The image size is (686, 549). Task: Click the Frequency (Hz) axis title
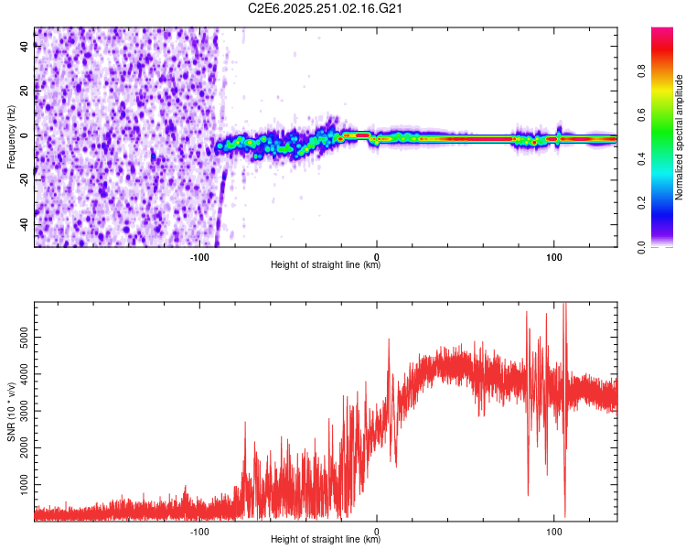[x=11, y=137]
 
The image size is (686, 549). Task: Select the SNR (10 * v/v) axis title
[x=11, y=411]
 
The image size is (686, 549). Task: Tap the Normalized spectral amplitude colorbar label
[x=680, y=137]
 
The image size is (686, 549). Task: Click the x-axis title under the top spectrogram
[x=326, y=265]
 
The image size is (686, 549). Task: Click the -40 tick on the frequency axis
[x=23, y=224]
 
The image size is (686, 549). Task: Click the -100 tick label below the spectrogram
[x=199, y=256]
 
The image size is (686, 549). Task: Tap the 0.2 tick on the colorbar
[x=642, y=203]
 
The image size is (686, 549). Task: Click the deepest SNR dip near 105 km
[x=564, y=515]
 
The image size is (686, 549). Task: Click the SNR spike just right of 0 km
[x=389, y=340]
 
